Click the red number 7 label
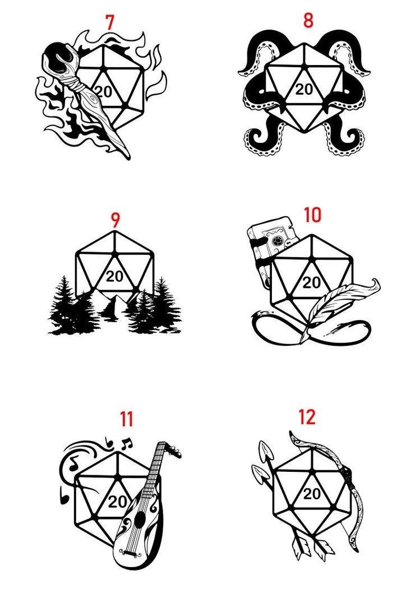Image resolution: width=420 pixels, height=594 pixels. (x=110, y=23)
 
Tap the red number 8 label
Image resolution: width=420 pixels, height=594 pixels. (x=308, y=21)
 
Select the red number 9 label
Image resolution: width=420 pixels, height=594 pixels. (x=116, y=220)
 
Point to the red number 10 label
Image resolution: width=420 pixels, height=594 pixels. (x=313, y=215)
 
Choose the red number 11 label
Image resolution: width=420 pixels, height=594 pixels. (x=127, y=419)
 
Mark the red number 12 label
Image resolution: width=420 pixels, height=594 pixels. (x=307, y=417)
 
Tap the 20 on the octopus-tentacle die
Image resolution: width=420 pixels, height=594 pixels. (x=304, y=90)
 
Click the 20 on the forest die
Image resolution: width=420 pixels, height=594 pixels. (x=114, y=276)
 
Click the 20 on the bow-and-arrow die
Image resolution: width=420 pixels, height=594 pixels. (x=312, y=494)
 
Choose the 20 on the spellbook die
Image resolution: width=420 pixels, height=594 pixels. (x=312, y=282)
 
